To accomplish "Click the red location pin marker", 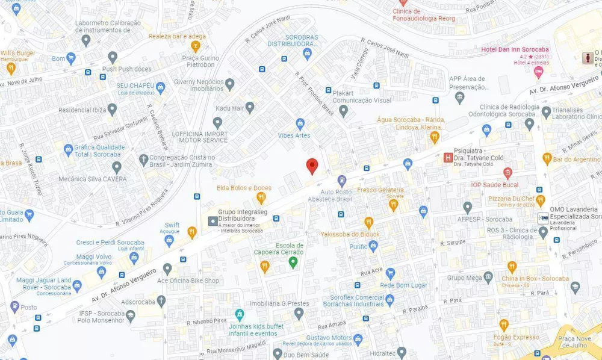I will [311, 166].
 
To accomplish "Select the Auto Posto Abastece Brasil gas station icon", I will [342, 180].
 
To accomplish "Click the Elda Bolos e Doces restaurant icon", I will [261, 197].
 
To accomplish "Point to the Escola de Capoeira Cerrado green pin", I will [293, 262].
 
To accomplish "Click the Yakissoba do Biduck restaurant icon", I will [368, 222].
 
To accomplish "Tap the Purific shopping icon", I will [373, 246].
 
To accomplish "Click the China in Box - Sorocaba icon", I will [512, 267].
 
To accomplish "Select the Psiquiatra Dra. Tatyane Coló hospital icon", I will [448, 158].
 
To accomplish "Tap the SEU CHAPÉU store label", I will [135, 85].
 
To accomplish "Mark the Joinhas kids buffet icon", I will [239, 314].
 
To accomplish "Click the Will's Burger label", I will [17, 53].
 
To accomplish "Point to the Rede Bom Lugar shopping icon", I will [390, 273].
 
